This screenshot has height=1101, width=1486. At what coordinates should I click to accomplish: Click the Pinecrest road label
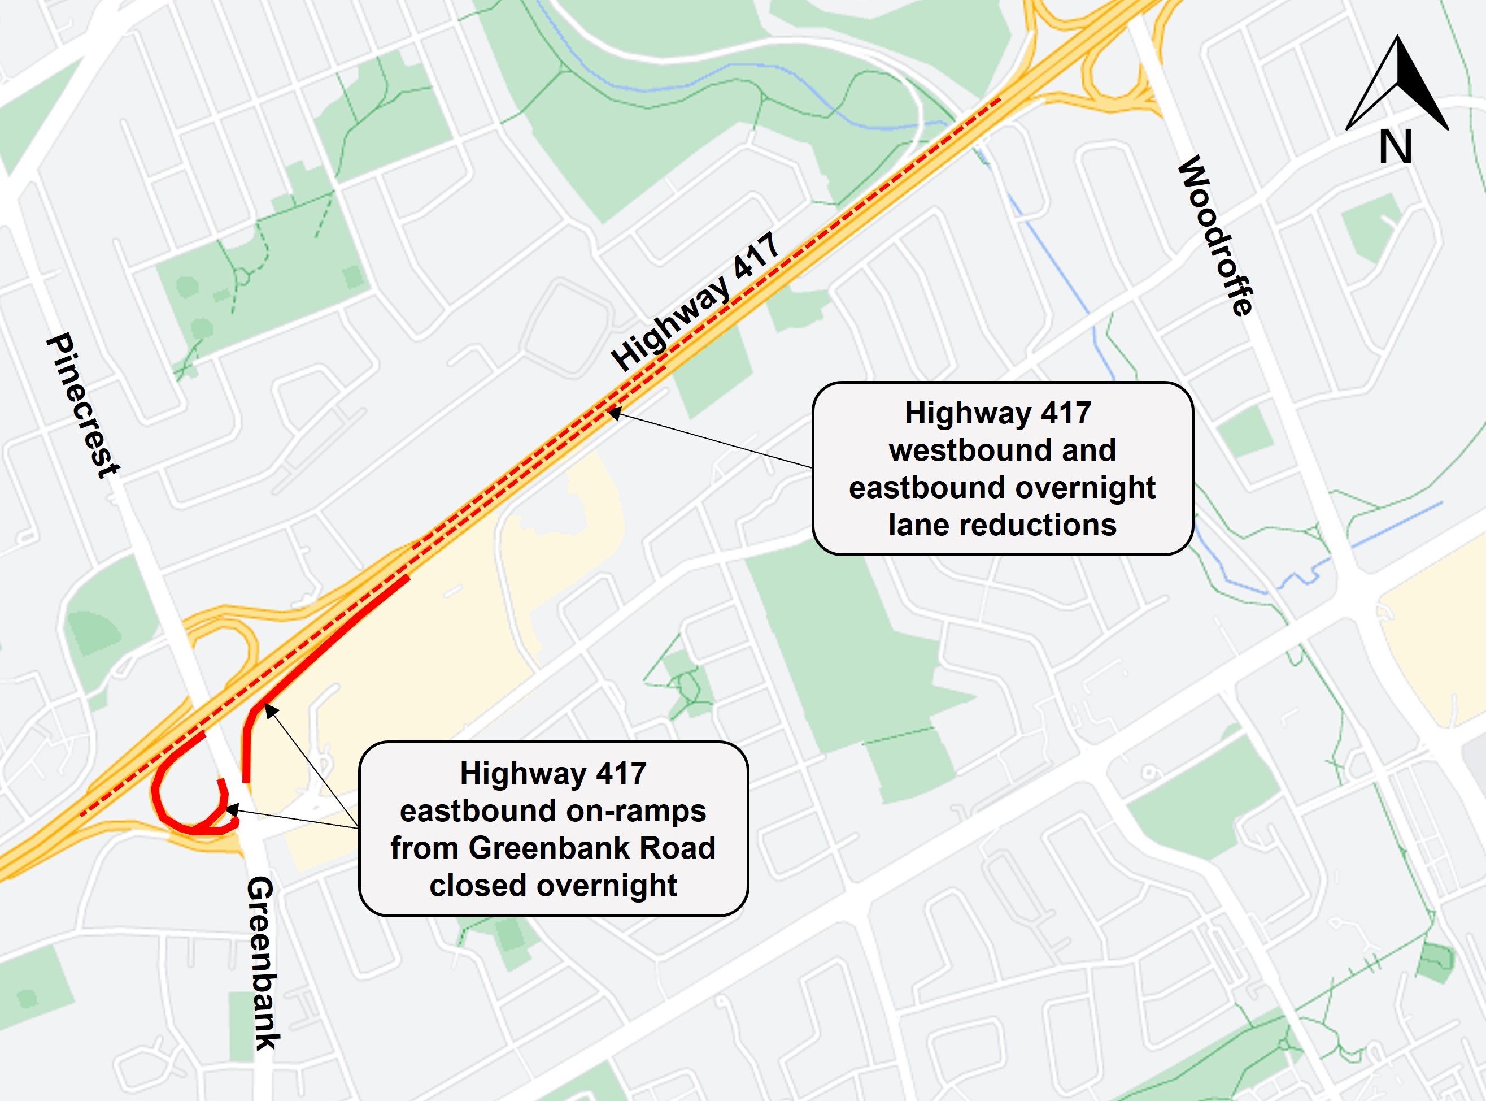[82, 405]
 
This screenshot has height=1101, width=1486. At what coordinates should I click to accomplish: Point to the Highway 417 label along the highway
[695, 301]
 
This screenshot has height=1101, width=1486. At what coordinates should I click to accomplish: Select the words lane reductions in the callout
[1002, 525]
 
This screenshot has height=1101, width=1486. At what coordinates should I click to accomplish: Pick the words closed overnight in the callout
[553, 886]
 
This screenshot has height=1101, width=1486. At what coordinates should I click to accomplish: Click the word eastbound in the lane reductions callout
[926, 488]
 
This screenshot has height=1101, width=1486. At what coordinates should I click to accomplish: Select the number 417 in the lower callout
[621, 774]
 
